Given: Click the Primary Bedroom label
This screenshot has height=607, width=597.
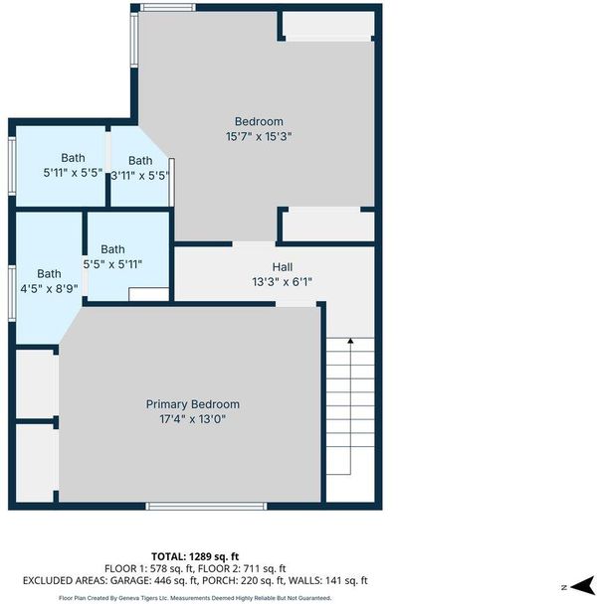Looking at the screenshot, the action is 193,404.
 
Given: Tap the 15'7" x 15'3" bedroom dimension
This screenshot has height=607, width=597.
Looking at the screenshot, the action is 259,137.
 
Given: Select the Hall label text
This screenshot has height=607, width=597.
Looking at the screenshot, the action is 283,266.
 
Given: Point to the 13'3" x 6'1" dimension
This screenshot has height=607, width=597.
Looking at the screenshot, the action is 283,282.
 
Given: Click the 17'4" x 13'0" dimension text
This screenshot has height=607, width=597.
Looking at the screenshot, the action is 193,419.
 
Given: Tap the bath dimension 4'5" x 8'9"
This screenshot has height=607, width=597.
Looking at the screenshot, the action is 49,289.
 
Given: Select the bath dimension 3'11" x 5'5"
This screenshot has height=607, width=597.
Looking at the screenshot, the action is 140,176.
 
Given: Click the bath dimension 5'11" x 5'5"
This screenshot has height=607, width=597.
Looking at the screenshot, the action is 73,173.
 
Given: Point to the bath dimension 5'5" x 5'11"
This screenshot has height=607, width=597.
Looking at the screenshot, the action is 112,265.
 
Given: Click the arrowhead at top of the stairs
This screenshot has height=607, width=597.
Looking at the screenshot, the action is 350,341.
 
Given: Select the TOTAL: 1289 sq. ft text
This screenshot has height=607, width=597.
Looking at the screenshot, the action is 195,556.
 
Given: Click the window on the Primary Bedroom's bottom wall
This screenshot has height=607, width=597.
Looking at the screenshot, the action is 206,506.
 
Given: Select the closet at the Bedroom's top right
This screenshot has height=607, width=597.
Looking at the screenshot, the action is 328,25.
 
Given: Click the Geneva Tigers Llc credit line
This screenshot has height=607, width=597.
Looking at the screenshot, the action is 195,598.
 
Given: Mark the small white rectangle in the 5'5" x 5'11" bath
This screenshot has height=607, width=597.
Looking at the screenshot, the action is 149,294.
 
